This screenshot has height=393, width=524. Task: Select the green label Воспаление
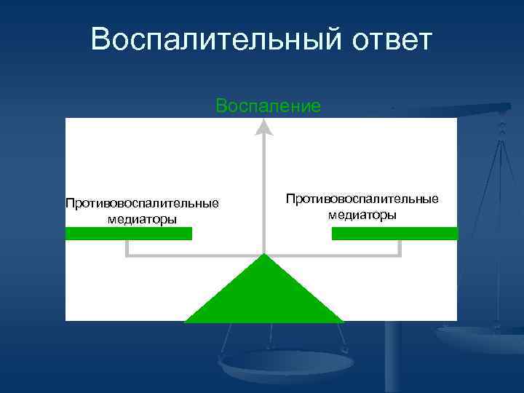[268, 106]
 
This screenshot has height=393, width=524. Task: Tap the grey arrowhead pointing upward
[264, 127]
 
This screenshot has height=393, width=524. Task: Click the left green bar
[129, 234]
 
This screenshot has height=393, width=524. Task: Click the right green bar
[395, 234]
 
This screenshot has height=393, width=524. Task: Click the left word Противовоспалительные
[142, 202]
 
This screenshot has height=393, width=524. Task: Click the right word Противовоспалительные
[362, 199]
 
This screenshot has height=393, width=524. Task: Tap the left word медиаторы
[142, 218]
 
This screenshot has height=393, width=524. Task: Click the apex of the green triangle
[264, 256]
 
